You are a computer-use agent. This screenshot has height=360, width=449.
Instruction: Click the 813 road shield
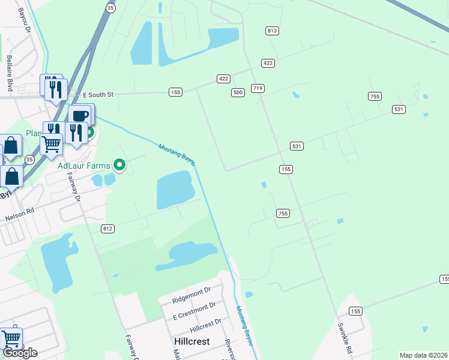pos(272,31)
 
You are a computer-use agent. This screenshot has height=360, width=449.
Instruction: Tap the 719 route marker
pos(258,88)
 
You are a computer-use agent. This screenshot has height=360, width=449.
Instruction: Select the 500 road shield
pos(238,92)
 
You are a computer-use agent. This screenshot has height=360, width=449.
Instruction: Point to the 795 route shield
pos(375,97)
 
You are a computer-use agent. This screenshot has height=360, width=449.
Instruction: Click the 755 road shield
pos(283,214)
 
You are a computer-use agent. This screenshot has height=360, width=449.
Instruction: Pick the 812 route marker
pos(107,229)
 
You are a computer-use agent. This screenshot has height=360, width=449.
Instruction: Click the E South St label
pos(98,95)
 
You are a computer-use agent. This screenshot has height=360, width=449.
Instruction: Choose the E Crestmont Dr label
pos(194,312)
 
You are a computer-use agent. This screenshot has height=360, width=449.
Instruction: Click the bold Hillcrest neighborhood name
pos(191,340)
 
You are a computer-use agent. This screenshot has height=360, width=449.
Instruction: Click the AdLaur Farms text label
pos(84,165)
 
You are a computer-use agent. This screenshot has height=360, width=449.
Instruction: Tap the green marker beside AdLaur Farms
pos(119,164)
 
